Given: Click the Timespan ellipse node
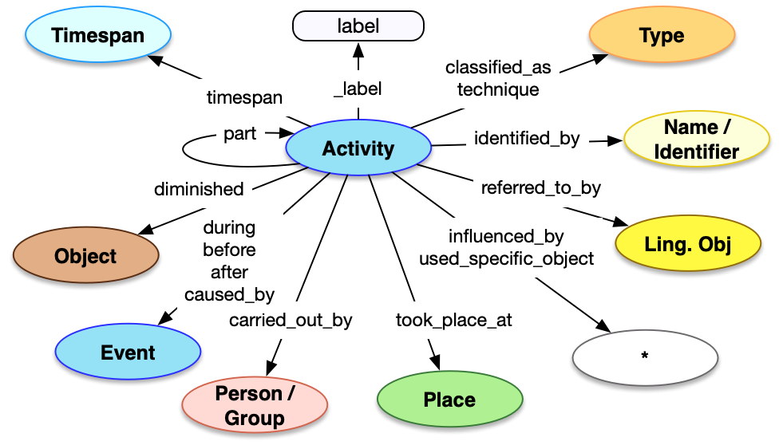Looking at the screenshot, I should pos(98,35).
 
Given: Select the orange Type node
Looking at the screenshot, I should pos(661,35).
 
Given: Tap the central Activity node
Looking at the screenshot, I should pos(358,148).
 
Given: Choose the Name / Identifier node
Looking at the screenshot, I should pos(696,139).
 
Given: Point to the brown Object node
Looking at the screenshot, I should pos(85,256).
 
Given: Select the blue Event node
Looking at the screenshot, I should pos(128,352).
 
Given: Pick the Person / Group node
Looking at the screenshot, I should pos(255,406).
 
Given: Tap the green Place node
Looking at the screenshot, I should pos(449,400).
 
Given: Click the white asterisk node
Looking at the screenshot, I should pos(643,356).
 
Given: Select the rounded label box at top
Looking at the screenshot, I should pos(358,26).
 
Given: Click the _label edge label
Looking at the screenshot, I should pos(358,89).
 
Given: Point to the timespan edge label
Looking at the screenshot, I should pos(244,98).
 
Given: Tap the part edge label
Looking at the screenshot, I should pos(239,134).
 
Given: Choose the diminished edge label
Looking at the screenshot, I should pos(199,189).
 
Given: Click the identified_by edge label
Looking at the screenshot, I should pos(527,139).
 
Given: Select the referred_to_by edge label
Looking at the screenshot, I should pos(540,188).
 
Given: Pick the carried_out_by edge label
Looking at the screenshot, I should pos(291,321).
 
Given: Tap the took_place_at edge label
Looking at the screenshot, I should pos(453,321).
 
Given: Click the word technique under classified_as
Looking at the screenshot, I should pos(498,89).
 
